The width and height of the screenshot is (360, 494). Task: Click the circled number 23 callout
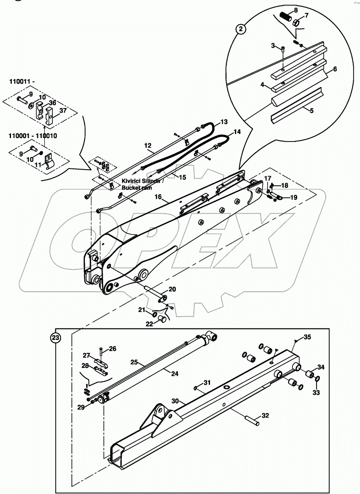pyautogui.click(x=55, y=337)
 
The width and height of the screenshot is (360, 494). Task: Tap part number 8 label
pyautogui.click(x=295, y=10)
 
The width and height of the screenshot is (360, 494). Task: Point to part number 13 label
pyautogui.click(x=224, y=122)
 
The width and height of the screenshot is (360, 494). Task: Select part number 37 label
pyautogui.click(x=62, y=111)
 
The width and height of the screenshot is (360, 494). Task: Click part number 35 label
pyautogui.click(x=307, y=337)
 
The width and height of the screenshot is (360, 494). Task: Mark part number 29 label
pyautogui.click(x=81, y=407)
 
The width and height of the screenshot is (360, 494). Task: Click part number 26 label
pyautogui.click(x=112, y=349)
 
